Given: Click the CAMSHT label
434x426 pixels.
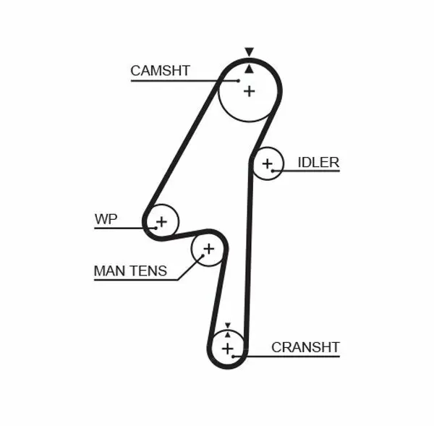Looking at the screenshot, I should [x=160, y=70].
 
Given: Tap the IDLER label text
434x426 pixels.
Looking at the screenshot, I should [x=318, y=162].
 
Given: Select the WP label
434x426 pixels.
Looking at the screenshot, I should [x=106, y=218].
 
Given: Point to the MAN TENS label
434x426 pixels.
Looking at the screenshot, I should [x=130, y=271].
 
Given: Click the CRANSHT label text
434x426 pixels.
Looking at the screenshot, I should [x=305, y=347].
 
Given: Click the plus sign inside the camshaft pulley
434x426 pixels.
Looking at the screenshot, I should [x=249, y=91].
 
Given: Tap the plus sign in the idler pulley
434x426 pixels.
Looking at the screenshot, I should [x=268, y=163].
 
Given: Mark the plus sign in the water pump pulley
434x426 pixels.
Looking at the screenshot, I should [x=161, y=221].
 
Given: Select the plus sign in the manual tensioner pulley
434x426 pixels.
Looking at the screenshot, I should [x=208, y=250].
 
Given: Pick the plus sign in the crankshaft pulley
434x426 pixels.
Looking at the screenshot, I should [x=228, y=349].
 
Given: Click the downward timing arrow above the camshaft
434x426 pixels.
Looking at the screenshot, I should [x=249, y=52].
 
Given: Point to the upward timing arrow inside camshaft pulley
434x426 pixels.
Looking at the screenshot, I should [x=249, y=69].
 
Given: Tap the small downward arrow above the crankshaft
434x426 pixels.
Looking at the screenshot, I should [x=227, y=326].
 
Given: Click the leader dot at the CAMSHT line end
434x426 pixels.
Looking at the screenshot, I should [x=238, y=81].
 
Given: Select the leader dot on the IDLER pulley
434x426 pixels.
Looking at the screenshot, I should [x=273, y=171].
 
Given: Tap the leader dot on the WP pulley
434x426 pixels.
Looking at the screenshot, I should [x=155, y=227].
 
